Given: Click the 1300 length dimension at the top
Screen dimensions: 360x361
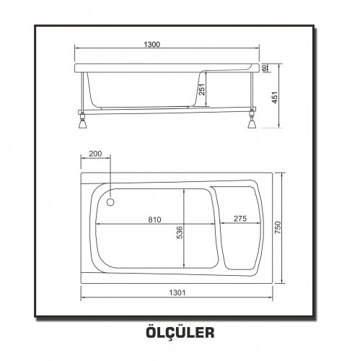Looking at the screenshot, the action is click(152, 45).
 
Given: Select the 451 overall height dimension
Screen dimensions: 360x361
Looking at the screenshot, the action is click(274, 97).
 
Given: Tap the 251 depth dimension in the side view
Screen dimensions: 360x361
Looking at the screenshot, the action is click(202, 90).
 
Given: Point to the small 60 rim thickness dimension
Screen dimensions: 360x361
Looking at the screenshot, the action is click(264, 68).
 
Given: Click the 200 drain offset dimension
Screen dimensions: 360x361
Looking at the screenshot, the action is click(95, 154).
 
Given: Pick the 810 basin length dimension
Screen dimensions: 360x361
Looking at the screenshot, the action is click(154, 219).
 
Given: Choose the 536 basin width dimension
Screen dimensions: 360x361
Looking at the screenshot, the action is click(180, 232).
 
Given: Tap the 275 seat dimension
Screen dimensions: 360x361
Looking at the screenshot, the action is click(240, 219).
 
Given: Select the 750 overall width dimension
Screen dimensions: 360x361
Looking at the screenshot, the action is click(278, 227).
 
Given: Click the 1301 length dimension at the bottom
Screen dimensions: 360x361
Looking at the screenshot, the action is click(177, 292).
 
